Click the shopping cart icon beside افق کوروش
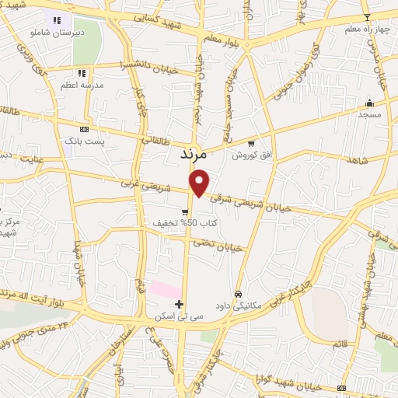(x=251, y=143)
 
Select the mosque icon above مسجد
(x=369, y=103)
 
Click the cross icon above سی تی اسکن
(x=180, y=303)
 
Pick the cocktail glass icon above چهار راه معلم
(x=368, y=17)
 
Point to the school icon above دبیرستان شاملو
(x=56, y=20)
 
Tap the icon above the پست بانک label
(x=84, y=129)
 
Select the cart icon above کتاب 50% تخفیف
(x=185, y=211)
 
